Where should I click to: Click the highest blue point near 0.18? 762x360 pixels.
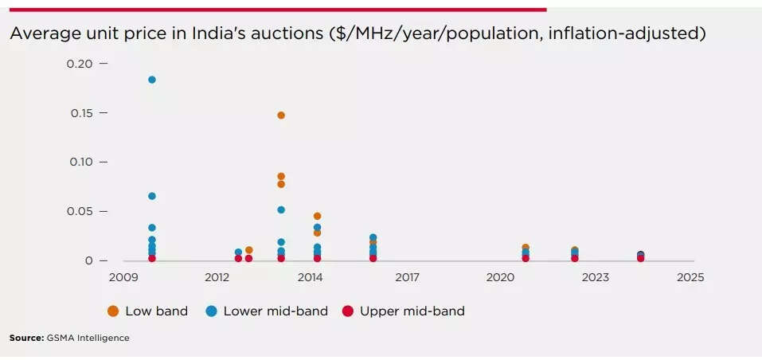click(x=151, y=80)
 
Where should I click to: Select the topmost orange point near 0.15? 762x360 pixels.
click(x=281, y=115)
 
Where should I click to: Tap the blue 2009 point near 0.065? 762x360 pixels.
click(x=151, y=196)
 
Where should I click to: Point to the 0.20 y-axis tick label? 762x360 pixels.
click(x=80, y=63)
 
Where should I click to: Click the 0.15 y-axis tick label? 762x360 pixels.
click(x=80, y=113)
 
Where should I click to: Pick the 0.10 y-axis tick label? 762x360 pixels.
click(x=80, y=162)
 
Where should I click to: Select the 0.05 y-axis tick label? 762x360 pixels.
click(x=80, y=211)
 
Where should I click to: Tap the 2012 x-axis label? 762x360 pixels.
click(x=217, y=278)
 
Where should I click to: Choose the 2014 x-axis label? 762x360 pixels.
click(x=310, y=278)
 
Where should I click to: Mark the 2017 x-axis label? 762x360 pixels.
click(x=406, y=278)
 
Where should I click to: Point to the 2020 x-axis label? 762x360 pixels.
click(x=500, y=278)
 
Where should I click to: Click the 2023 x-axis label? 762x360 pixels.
click(x=595, y=278)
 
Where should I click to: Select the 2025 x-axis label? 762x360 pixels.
click(x=690, y=278)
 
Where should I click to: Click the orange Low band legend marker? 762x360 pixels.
click(x=113, y=311)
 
